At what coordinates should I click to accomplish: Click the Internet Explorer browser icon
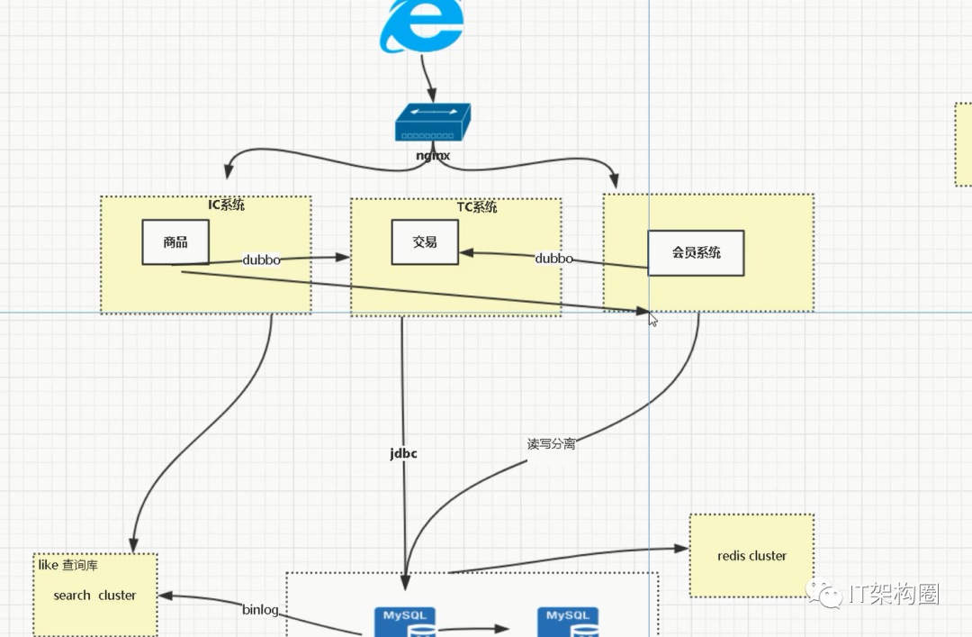(422, 25)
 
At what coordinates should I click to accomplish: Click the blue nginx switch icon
(433, 123)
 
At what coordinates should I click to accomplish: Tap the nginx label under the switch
(433, 155)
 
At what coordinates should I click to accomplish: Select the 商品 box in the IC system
(175, 242)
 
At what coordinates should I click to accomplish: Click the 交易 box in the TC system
(425, 242)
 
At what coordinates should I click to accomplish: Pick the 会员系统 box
(696, 252)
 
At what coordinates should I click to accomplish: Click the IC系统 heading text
(226, 205)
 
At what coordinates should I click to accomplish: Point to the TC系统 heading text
(477, 206)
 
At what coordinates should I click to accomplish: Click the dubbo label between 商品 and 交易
(261, 259)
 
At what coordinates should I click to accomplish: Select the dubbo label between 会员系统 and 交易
(553, 259)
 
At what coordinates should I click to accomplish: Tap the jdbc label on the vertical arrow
(403, 453)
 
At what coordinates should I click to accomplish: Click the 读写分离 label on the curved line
(551, 444)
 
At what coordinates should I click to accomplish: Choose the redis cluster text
(751, 556)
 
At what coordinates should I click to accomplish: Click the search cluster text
(94, 596)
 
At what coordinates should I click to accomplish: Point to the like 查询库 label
(68, 565)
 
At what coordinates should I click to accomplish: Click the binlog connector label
(260, 610)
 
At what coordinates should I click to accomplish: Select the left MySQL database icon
(405, 622)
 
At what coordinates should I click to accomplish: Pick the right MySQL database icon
(568, 622)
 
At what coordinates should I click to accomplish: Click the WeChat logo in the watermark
(823, 593)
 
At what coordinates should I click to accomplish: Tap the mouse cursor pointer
(652, 320)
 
